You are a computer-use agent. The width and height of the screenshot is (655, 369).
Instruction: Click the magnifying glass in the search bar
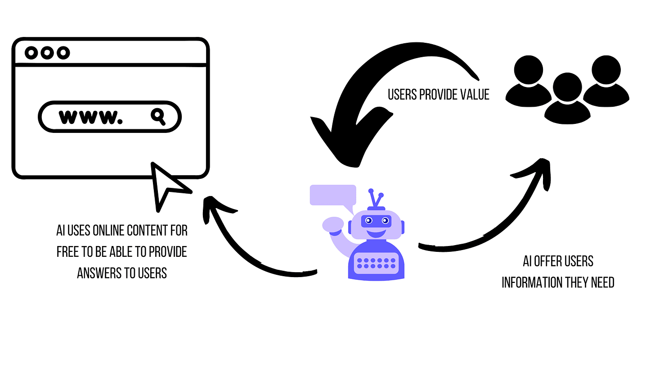click(157, 116)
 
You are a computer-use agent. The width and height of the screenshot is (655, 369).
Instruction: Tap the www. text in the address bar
click(91, 117)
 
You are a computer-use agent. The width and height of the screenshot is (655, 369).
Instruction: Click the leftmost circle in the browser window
click(31, 53)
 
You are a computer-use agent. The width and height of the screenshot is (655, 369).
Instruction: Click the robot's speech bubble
click(333, 195)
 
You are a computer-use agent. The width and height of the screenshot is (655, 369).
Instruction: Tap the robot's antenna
click(376, 198)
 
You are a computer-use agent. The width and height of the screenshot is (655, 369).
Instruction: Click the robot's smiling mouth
click(376, 233)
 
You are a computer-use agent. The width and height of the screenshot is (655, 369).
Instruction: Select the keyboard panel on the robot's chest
click(376, 263)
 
